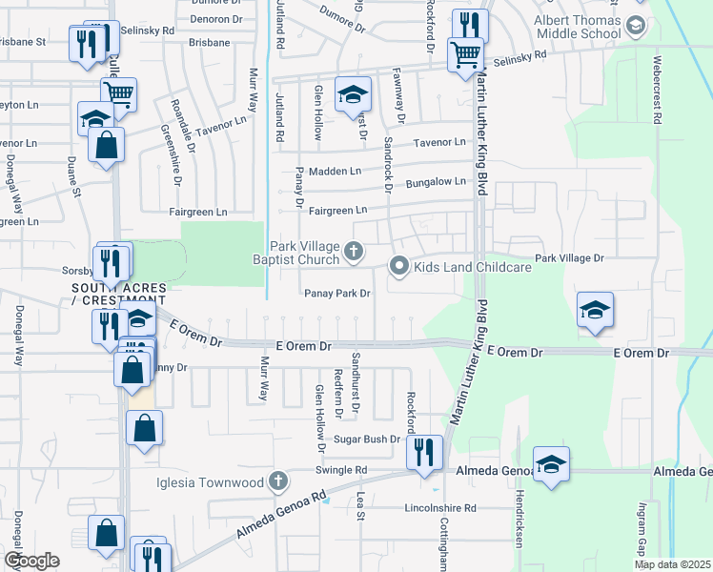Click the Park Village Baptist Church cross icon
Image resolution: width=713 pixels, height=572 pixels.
pyautogui.click(x=354, y=252)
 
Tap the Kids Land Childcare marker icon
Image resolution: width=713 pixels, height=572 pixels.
pyautogui.click(x=399, y=267)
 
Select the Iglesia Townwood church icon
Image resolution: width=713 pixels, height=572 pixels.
pyautogui.click(x=278, y=481)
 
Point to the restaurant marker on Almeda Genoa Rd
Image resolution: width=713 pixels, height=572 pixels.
pyautogui.click(x=423, y=453)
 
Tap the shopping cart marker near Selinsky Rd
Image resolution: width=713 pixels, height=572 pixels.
pyautogui.click(x=465, y=53)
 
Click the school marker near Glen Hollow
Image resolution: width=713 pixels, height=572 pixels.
pyautogui.click(x=353, y=94)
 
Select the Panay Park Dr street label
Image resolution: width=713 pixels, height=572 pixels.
pyautogui.click(x=336, y=294)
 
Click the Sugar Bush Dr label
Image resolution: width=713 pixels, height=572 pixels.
pyautogui.click(x=366, y=439)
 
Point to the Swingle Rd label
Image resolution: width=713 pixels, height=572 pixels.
pyautogui.click(x=341, y=470)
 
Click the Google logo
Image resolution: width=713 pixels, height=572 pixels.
pyautogui.click(x=31, y=560)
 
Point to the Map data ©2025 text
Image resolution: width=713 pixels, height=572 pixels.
pyautogui.click(x=672, y=564)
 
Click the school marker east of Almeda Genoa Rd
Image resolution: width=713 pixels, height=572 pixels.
pyautogui.click(x=551, y=464)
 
